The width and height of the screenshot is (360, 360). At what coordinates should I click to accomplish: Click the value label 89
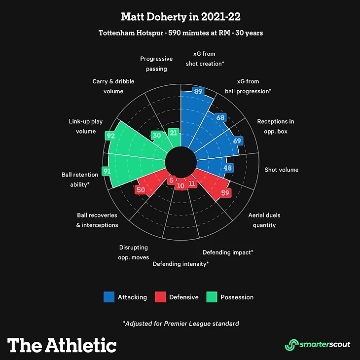coord(199,91)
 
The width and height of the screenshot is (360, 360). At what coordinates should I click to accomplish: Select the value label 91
coord(107,171)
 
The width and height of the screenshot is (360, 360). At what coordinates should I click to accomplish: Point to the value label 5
coord(171,180)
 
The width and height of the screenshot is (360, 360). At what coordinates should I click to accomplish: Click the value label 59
coord(226,193)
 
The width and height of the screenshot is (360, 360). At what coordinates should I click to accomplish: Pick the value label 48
coord(228,168)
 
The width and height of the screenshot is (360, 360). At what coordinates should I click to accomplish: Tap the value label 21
coord(173,132)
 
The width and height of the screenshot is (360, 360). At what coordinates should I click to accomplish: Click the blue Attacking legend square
coord(108,297)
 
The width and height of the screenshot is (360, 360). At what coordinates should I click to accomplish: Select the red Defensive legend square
coord(160,297)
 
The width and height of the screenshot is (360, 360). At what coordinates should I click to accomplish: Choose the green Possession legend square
coord(211,297)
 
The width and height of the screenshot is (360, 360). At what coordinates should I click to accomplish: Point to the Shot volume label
coord(281,170)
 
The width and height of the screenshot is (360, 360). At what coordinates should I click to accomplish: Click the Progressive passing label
coord(156,64)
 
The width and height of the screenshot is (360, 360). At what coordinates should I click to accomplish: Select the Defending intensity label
coord(180,264)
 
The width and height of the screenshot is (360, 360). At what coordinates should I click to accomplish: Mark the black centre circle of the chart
coord(180,161)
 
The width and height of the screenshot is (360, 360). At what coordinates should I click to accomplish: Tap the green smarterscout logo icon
coord(292,344)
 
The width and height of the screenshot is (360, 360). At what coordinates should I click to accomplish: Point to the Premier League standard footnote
coord(181,324)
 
